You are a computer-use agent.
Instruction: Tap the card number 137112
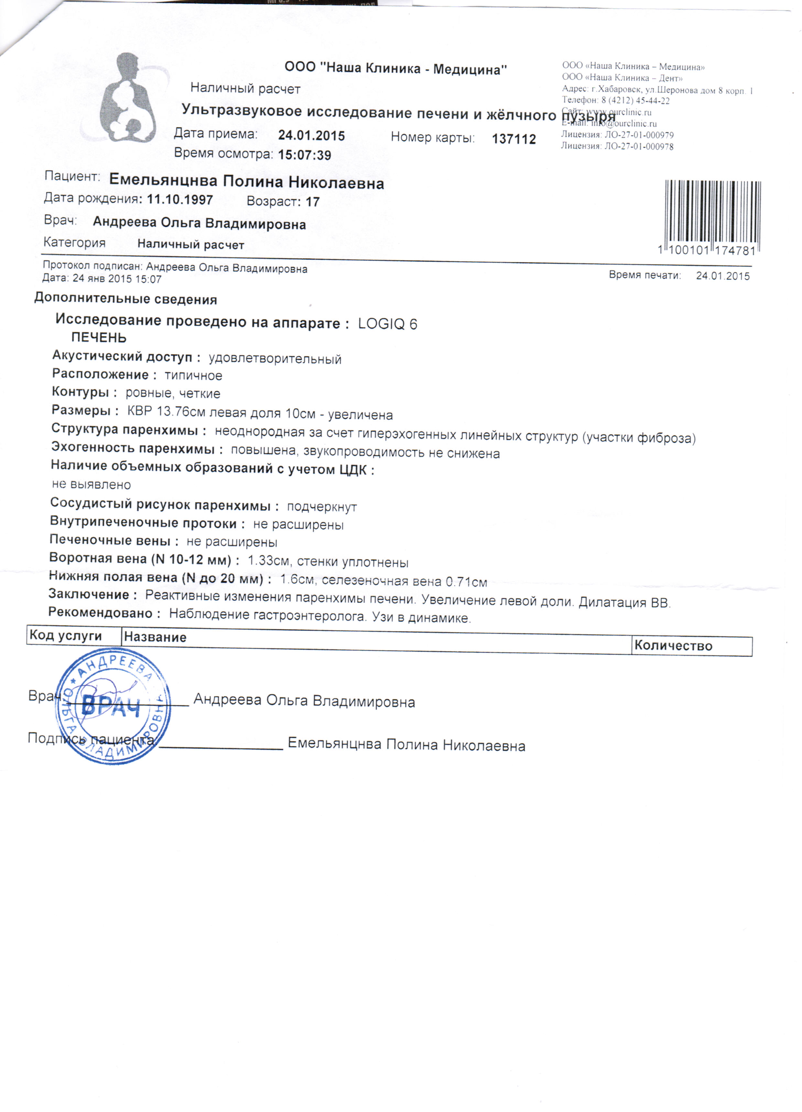[514, 139]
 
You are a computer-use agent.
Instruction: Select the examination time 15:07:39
[304, 155]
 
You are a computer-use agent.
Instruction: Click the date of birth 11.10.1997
[180, 200]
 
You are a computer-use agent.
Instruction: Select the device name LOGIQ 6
[387, 324]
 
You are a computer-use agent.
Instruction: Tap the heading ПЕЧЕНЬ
[99, 338]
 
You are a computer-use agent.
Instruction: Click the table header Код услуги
[65, 636]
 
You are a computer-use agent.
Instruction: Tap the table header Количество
[673, 646]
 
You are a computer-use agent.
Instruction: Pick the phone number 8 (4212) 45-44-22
[635, 101]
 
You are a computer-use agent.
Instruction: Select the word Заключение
[89, 595]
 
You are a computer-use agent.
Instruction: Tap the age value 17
[312, 202]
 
